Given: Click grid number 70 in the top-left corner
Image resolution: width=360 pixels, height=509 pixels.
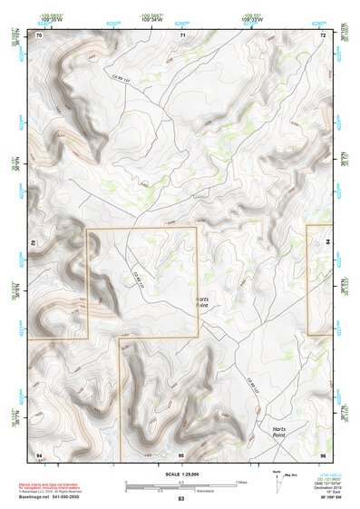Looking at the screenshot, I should click(39, 34).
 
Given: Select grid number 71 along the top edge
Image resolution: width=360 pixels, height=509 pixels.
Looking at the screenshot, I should click(181, 34).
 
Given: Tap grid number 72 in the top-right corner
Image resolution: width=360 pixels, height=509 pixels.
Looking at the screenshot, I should click(323, 34).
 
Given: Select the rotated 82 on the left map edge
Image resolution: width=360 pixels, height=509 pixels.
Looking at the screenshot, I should click(34, 244).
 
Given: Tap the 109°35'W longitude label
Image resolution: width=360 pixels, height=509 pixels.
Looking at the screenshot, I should click(52, 18).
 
